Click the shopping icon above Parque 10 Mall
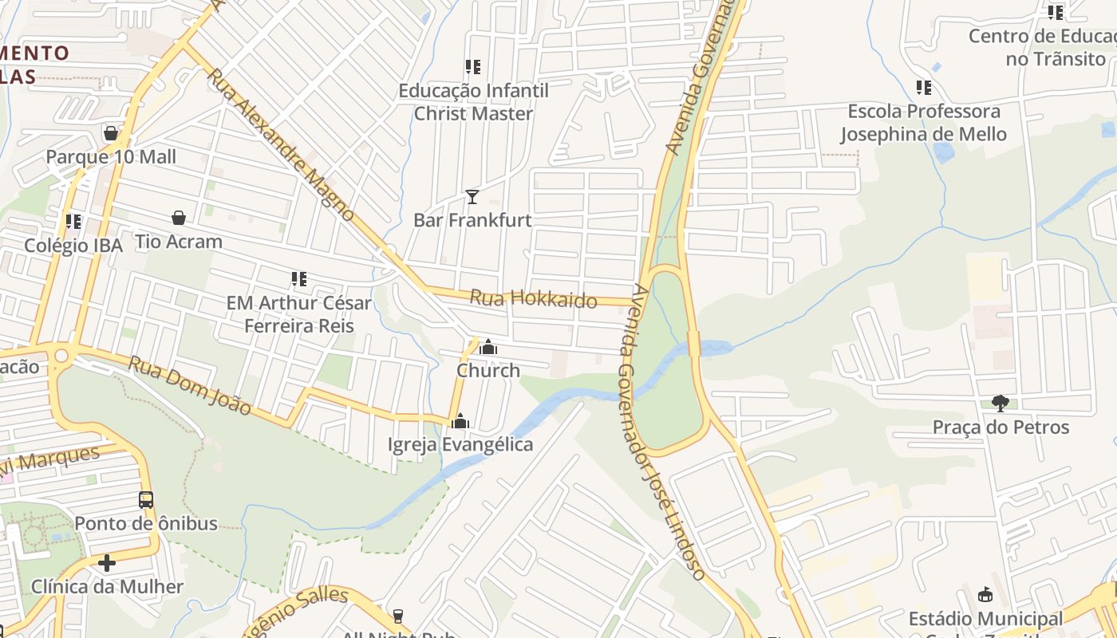[x=111, y=132]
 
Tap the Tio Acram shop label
[x=178, y=241]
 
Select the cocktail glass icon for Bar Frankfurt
[x=472, y=196]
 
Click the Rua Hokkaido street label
[x=533, y=299]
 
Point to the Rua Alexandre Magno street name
[x=280, y=144]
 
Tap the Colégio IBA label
[x=73, y=245]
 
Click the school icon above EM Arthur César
[x=299, y=279]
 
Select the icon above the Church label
[x=488, y=348]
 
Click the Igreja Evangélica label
[x=460, y=444]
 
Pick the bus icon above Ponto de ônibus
[x=146, y=500]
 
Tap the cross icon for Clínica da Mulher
[x=107, y=563]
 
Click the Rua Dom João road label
[x=190, y=387]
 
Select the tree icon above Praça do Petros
[x=1001, y=404]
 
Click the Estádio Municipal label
[x=985, y=619]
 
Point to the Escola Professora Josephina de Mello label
[x=923, y=122]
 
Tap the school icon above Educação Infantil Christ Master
[x=473, y=67]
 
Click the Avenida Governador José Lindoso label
[x=661, y=431]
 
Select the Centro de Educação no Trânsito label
[x=1042, y=47]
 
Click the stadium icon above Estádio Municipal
[x=985, y=595]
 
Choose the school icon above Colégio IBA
[x=73, y=221]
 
